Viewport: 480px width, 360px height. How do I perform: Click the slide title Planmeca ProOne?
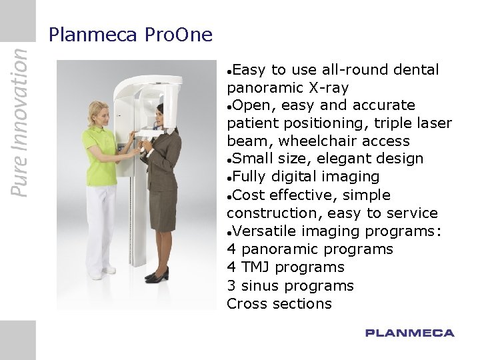(x=131, y=35)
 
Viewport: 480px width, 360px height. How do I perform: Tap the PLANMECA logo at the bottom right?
(x=409, y=333)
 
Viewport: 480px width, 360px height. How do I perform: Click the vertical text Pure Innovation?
(x=20, y=119)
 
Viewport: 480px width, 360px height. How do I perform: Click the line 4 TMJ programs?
(x=285, y=267)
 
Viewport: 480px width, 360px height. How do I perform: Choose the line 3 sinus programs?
(x=290, y=285)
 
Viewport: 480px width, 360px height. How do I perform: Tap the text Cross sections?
(x=279, y=304)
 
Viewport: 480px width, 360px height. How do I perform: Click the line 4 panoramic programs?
(x=310, y=249)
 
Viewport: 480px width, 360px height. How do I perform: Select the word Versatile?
(x=269, y=231)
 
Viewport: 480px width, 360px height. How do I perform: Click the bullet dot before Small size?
(x=229, y=159)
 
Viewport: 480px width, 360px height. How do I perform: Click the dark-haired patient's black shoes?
(x=157, y=274)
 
